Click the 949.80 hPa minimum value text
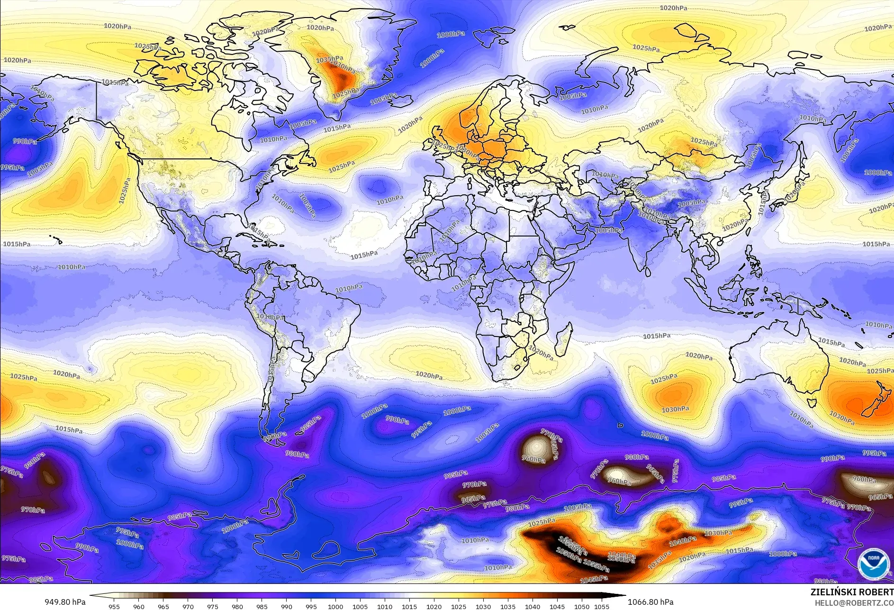click(x=65, y=602)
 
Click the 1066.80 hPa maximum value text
click(x=650, y=602)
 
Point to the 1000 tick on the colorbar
click(x=335, y=606)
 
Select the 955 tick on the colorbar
click(x=114, y=606)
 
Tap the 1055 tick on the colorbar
click(x=602, y=606)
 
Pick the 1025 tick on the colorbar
click(x=458, y=606)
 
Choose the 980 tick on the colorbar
click(x=237, y=606)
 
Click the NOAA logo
click(x=873, y=564)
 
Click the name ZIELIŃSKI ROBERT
click(x=851, y=592)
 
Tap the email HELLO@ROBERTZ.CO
click(x=854, y=602)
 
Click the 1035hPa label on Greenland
click(x=329, y=59)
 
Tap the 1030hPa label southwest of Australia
click(x=675, y=409)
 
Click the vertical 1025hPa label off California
click(x=125, y=191)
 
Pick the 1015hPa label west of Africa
click(x=364, y=255)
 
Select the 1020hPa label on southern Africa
click(x=541, y=353)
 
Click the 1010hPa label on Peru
click(x=270, y=317)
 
